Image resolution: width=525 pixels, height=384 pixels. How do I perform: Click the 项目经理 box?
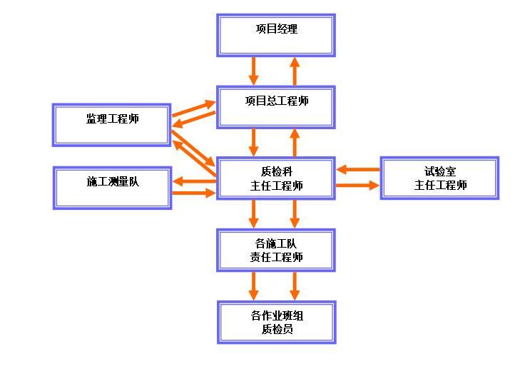[x=276, y=34]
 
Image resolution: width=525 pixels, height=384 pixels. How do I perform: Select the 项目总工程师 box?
[x=276, y=106]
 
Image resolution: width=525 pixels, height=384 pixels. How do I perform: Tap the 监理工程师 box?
[x=112, y=124]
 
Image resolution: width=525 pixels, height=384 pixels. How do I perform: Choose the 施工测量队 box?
[x=112, y=187]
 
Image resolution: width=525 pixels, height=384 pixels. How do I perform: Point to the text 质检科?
[x=276, y=172]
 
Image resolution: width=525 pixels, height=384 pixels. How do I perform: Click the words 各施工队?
[x=276, y=244]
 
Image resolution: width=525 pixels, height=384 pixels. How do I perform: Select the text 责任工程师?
[x=276, y=258]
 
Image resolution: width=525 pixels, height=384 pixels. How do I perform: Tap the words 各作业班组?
[x=276, y=315]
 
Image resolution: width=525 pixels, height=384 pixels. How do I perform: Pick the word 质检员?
[x=276, y=329]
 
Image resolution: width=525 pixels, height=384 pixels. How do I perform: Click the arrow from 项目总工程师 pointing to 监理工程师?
[x=193, y=121]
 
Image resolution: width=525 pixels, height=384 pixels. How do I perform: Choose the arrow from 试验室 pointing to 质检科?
[x=358, y=170]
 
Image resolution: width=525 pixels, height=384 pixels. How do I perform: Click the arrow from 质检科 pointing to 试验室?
[x=358, y=186]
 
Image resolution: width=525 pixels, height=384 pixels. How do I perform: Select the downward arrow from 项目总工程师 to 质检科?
[x=254, y=142]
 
